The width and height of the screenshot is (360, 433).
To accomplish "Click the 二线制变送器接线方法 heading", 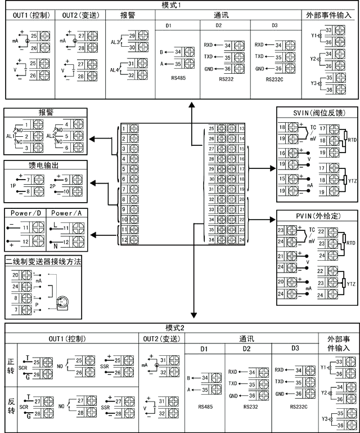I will click(x=42, y=262).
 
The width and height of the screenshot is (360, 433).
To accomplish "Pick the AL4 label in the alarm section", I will click(x=114, y=70).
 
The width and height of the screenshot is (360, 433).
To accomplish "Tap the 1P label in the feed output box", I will click(x=13, y=185).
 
